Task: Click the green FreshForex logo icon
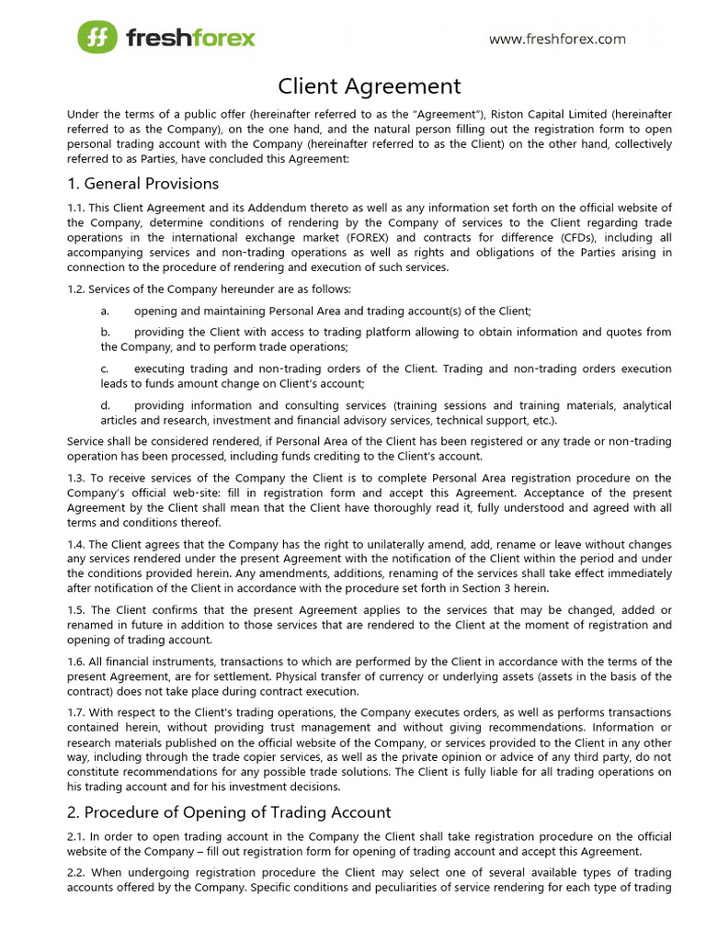click(97, 38)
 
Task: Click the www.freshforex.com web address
click(557, 39)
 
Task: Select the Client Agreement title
click(370, 86)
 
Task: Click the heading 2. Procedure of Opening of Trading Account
click(229, 812)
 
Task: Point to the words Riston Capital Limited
click(544, 114)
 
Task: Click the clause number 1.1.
click(75, 209)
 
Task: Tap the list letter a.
click(105, 312)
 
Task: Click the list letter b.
click(105, 332)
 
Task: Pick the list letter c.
click(105, 368)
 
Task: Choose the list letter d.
click(105, 405)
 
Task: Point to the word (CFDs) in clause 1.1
click(549, 238)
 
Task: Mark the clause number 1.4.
click(75, 544)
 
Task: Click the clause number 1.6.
click(75, 662)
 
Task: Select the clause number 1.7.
click(75, 713)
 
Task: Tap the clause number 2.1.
click(75, 837)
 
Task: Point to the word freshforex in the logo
click(190, 39)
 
